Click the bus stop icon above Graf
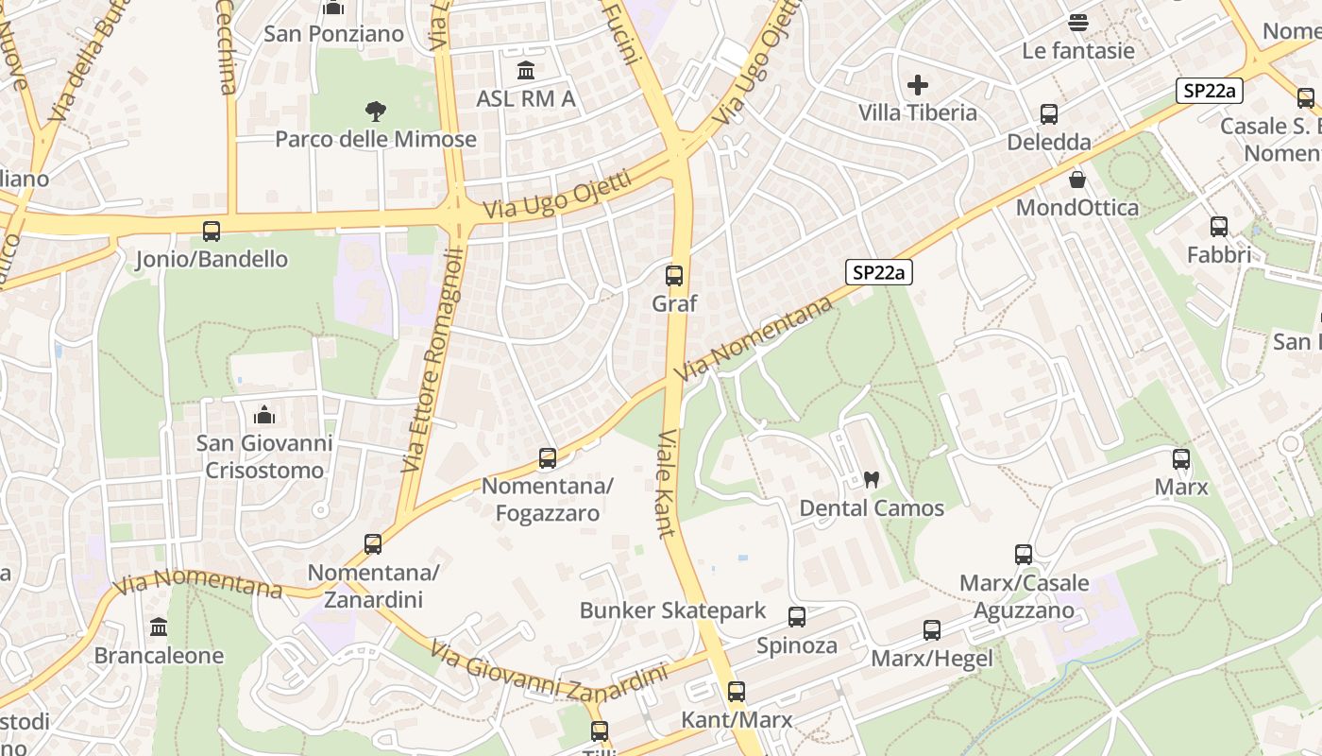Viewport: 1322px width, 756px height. tap(674, 276)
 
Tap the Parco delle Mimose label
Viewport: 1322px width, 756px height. tap(376, 140)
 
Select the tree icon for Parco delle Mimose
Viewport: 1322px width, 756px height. tap(376, 112)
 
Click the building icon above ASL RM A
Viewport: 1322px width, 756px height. tap(526, 71)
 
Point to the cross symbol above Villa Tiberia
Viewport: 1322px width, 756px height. tap(918, 85)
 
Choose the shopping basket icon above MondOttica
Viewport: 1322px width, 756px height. tap(1077, 180)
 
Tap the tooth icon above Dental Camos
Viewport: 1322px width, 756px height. tap(872, 479)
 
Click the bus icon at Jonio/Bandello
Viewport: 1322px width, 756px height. tap(212, 231)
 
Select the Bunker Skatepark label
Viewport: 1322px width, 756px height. tap(673, 610)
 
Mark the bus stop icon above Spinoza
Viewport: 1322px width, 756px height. tap(797, 617)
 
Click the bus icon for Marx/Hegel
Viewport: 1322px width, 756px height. tap(932, 629)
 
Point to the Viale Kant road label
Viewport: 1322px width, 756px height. tap(667, 483)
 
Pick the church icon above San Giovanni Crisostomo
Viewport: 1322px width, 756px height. tap(264, 415)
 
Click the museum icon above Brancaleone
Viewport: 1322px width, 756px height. tap(159, 627)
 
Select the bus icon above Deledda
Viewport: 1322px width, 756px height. tap(1049, 114)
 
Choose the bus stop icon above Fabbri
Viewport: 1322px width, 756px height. tap(1219, 227)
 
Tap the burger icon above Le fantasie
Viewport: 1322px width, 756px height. tap(1078, 22)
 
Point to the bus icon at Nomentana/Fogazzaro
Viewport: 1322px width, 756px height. tap(548, 458)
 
